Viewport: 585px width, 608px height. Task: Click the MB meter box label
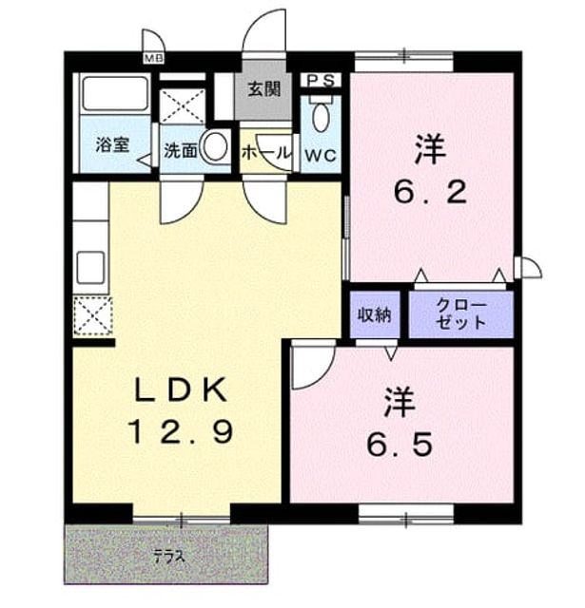[x=154, y=59]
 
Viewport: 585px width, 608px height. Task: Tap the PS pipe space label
[x=321, y=80]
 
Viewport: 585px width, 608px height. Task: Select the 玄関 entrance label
[x=263, y=89]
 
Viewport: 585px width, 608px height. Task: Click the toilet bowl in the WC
[x=321, y=117]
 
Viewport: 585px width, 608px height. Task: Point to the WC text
[x=321, y=156]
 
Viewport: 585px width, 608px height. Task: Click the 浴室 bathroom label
[x=112, y=144]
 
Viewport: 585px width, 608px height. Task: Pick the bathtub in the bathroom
[x=115, y=93]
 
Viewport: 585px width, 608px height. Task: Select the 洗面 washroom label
[x=180, y=151]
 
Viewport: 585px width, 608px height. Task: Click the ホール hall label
[x=265, y=153]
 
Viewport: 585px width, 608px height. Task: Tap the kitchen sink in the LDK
[x=90, y=268]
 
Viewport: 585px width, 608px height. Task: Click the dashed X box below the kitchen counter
[x=93, y=316]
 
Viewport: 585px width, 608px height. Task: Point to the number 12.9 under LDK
[x=182, y=432]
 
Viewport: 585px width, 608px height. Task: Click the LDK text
[x=181, y=390]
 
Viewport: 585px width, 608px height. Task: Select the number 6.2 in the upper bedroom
[x=430, y=191]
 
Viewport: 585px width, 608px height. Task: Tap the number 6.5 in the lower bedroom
[x=400, y=445]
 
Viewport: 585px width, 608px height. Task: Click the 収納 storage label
[x=374, y=314]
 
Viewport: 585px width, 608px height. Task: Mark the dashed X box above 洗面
[x=183, y=105]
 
